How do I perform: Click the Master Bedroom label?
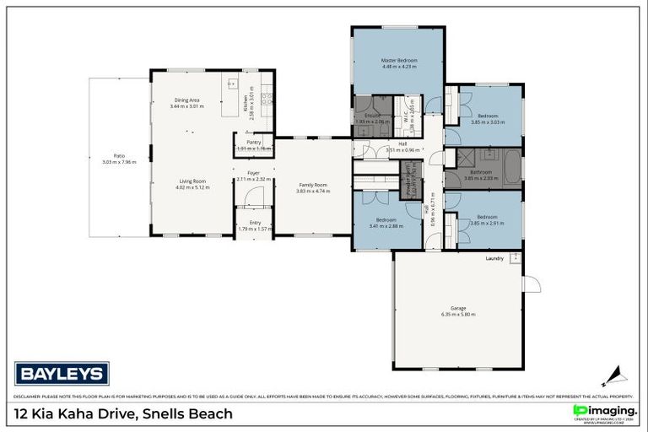[x=398, y=61]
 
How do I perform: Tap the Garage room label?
[x=458, y=308]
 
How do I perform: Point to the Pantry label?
[x=253, y=143]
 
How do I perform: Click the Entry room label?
[x=255, y=223]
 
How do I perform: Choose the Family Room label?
[x=312, y=185]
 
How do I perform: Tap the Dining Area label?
[x=186, y=100]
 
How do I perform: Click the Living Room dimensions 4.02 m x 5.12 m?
[x=191, y=187]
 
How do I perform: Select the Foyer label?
[x=252, y=172]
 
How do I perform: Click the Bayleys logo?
[x=61, y=373]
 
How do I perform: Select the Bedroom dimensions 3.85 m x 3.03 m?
[x=487, y=121]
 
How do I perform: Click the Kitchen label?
[x=246, y=103]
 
